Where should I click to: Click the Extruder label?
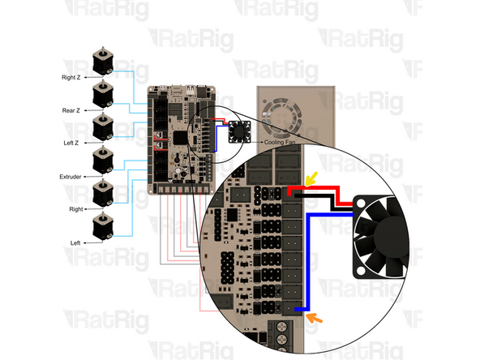(x=71, y=176)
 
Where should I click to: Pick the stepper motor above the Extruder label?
(x=101, y=160)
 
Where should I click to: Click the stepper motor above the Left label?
(x=101, y=226)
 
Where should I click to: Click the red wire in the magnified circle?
(x=324, y=192)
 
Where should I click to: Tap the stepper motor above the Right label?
(x=101, y=193)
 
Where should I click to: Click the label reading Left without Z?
(x=75, y=242)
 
